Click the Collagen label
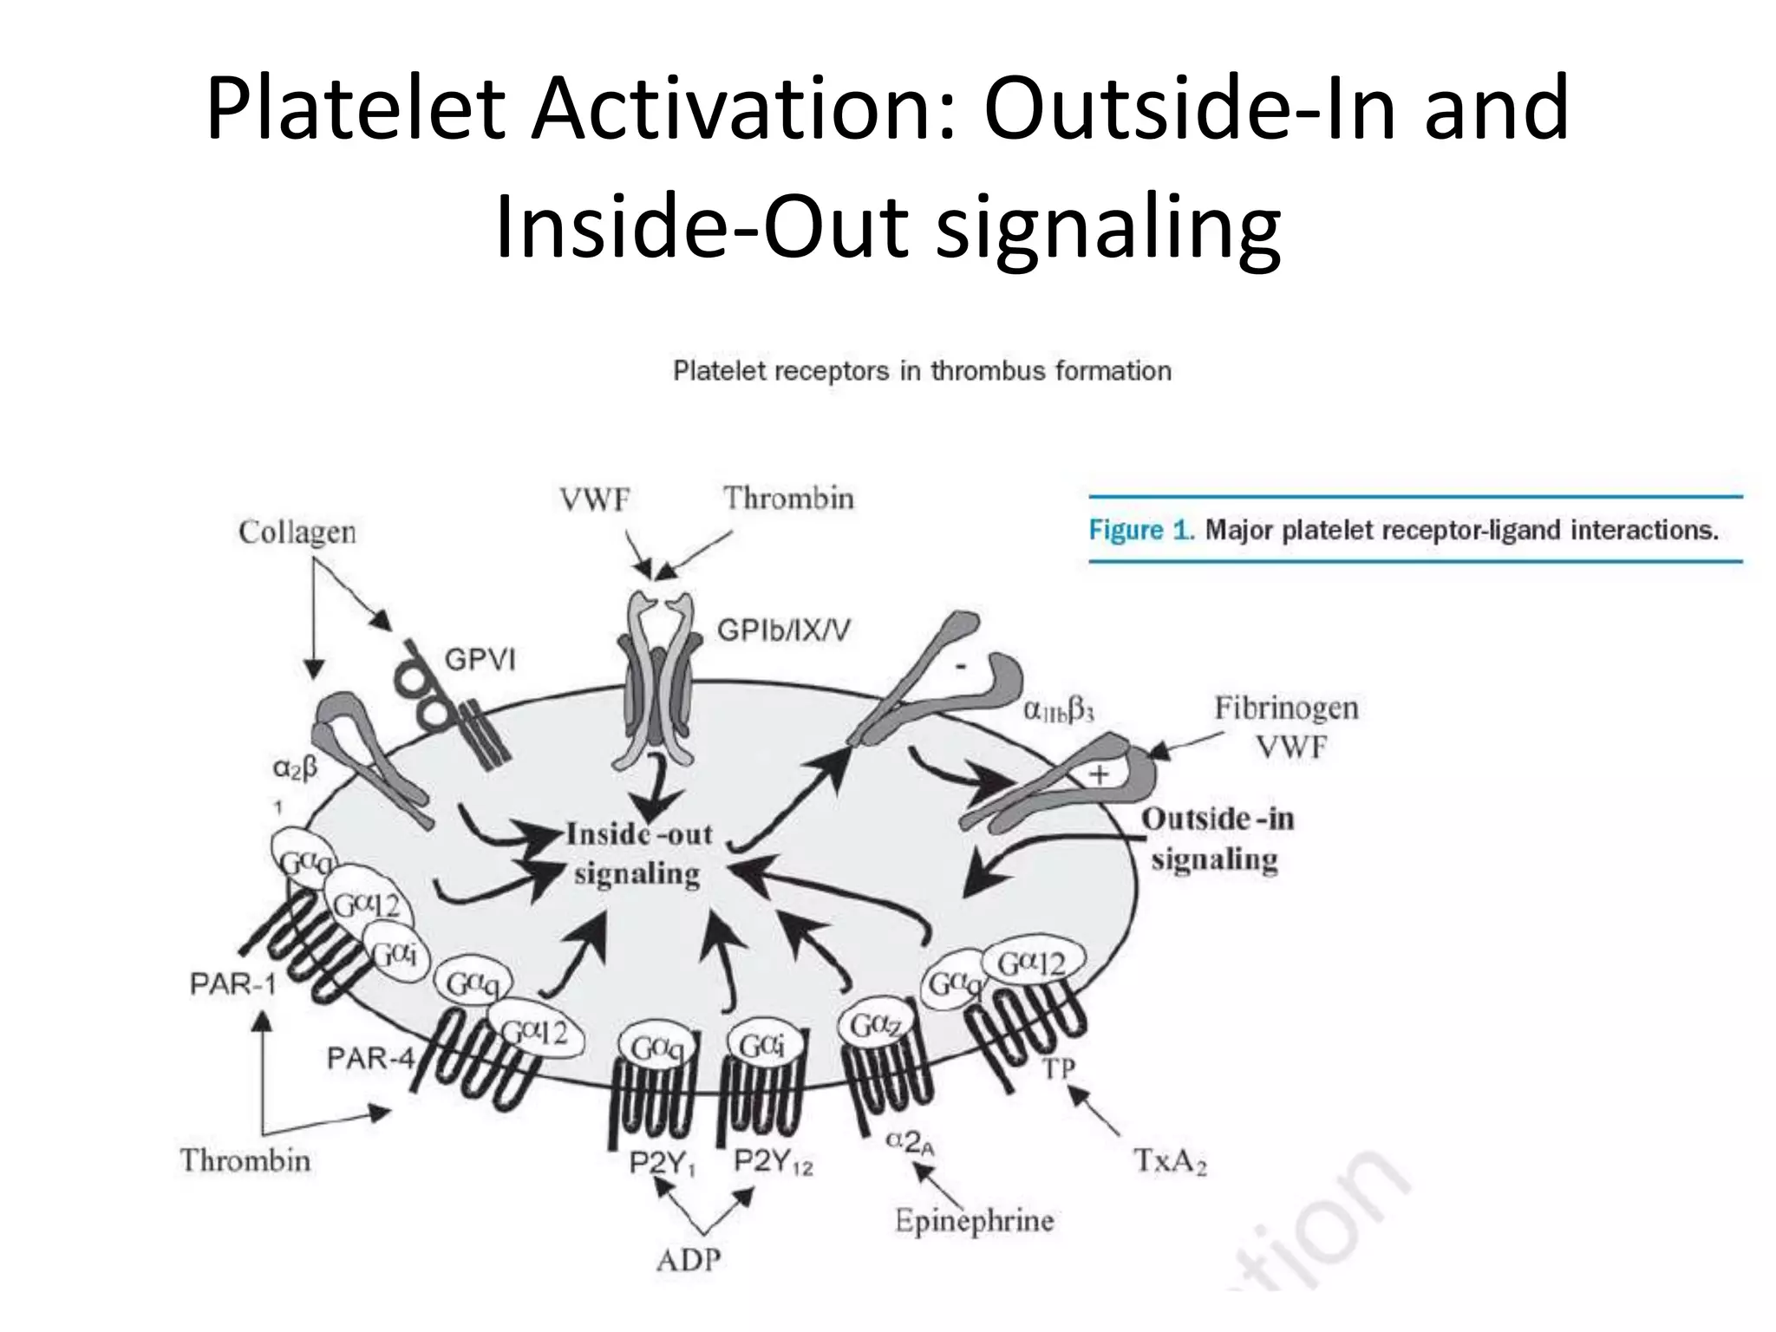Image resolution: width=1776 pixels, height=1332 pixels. [297, 532]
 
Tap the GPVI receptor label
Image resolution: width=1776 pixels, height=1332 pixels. [480, 661]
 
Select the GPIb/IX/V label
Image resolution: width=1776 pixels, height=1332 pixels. [783, 630]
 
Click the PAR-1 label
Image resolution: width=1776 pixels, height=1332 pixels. [232, 985]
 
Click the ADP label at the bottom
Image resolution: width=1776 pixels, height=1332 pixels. [689, 1259]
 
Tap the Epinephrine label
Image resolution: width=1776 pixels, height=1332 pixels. [975, 1222]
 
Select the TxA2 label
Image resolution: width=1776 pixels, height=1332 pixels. [1171, 1160]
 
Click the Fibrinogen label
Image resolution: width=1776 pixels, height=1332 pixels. [1286, 708]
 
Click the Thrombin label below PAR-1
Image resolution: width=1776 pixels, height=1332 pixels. [245, 1160]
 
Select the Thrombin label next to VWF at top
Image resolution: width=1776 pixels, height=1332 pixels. [788, 499]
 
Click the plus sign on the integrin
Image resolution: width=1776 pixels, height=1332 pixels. [1099, 774]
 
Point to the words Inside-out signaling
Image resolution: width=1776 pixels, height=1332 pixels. [638, 854]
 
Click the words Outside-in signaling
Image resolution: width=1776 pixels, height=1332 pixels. [1216, 839]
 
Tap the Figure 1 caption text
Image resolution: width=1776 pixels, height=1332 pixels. [1403, 530]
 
